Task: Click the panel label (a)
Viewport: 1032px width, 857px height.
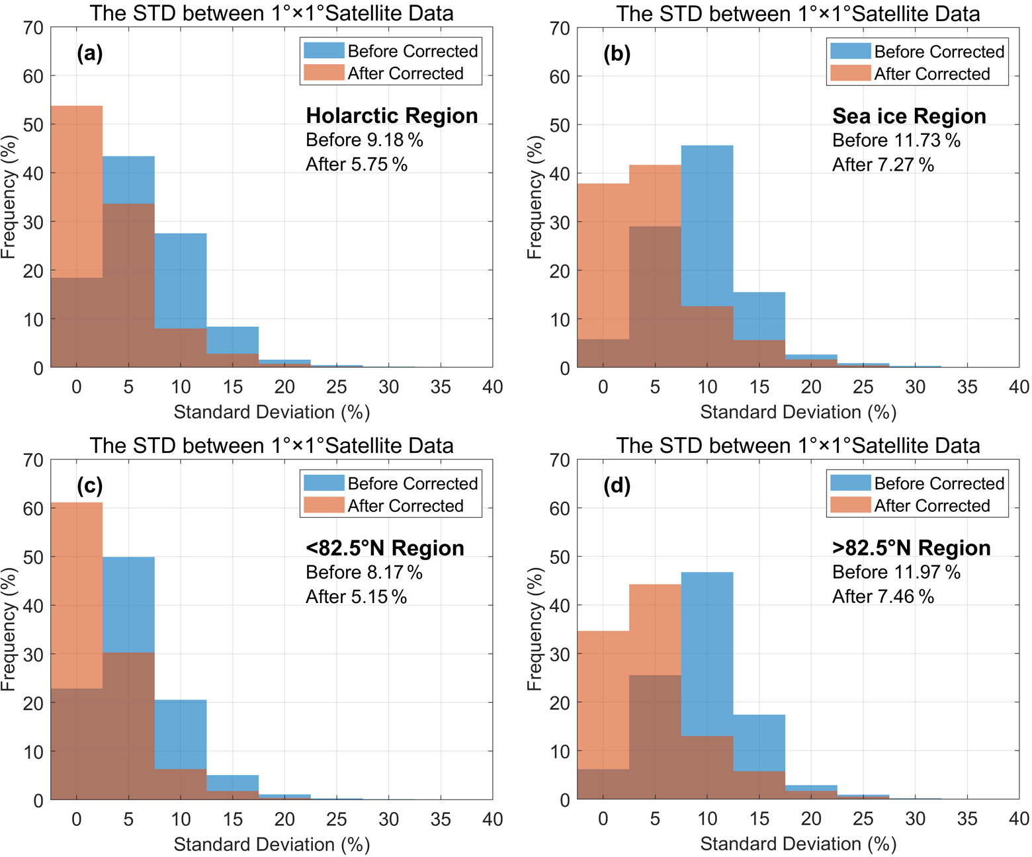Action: (89, 53)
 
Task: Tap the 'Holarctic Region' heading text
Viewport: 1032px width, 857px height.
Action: (392, 116)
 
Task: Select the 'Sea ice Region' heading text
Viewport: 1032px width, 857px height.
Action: (909, 116)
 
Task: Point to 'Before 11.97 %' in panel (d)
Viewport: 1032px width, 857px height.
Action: (896, 572)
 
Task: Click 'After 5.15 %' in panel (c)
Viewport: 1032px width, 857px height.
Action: (356, 596)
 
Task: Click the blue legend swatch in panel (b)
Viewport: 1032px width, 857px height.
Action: (850, 51)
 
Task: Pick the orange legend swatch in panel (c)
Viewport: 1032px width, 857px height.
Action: (323, 505)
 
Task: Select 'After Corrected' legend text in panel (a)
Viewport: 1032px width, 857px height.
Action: (406, 73)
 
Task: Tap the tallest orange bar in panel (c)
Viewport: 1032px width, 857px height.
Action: (77, 595)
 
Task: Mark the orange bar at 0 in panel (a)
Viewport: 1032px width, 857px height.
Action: (77, 192)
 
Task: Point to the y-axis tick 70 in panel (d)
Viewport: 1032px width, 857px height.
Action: (560, 460)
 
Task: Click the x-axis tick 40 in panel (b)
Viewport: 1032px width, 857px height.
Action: (1019, 387)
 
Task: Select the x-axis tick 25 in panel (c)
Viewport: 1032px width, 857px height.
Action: (337, 819)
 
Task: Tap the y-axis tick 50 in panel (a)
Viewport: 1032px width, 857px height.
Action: (33, 124)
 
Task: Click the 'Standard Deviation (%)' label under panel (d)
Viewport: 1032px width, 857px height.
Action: (798, 844)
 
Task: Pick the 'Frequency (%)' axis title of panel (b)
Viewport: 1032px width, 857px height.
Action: (534, 197)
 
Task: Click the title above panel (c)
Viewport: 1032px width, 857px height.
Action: (272, 446)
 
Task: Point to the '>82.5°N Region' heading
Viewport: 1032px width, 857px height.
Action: (911, 548)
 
